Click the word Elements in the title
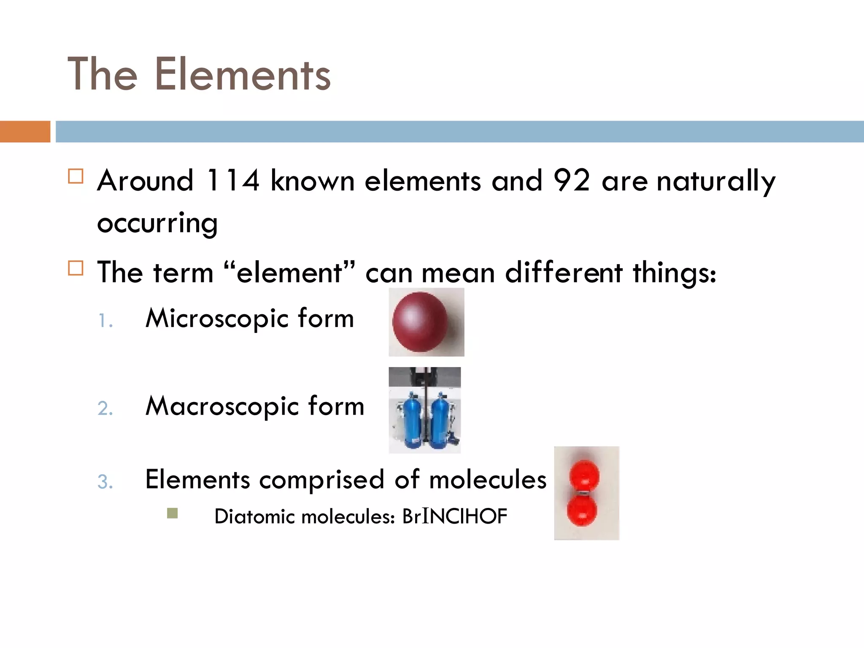tap(243, 75)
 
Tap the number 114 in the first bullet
tap(232, 181)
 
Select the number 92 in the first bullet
tap(571, 181)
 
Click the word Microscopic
tap(217, 319)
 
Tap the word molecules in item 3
tap(487, 480)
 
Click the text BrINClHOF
tap(454, 516)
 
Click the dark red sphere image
tap(420, 321)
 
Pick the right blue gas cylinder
tap(440, 420)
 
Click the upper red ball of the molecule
tap(584, 475)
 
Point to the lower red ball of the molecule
tap(582, 510)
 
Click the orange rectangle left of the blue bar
tap(25, 132)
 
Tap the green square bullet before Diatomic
tap(172, 513)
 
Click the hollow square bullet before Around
tap(76, 176)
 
